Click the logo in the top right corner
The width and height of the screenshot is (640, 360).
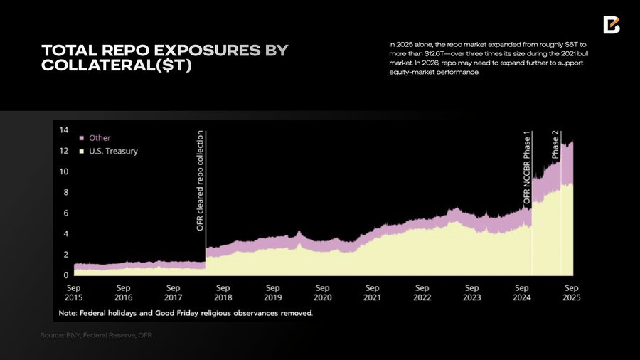pyautogui.click(x=612, y=25)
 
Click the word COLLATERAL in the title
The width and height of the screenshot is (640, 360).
pyautogui.click(x=97, y=65)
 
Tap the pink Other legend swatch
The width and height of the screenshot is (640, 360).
pyautogui.click(x=82, y=138)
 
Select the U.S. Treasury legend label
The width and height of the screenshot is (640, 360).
pyautogui.click(x=112, y=151)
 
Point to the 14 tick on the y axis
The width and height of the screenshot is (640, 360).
pyautogui.click(x=63, y=130)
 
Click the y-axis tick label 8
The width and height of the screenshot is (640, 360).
pyautogui.click(x=65, y=192)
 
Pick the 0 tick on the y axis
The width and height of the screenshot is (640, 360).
pyautogui.click(x=65, y=275)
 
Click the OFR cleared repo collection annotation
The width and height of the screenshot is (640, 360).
pyautogui.click(x=201, y=180)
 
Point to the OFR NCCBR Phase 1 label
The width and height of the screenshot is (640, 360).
pyautogui.click(x=527, y=169)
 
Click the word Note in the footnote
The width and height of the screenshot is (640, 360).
pyautogui.click(x=69, y=313)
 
